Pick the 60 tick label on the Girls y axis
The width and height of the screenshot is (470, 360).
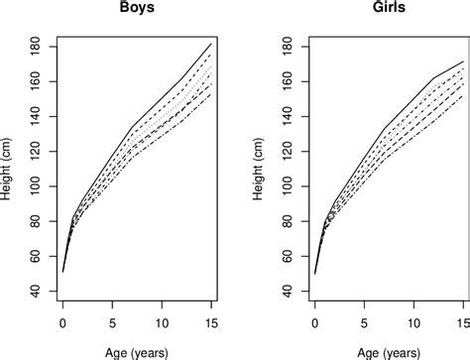290,255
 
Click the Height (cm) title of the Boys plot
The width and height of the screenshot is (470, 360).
9,168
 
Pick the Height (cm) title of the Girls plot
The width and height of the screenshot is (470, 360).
261,168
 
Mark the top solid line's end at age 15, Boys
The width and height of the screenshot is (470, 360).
210,44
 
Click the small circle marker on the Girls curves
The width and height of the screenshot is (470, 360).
331,215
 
